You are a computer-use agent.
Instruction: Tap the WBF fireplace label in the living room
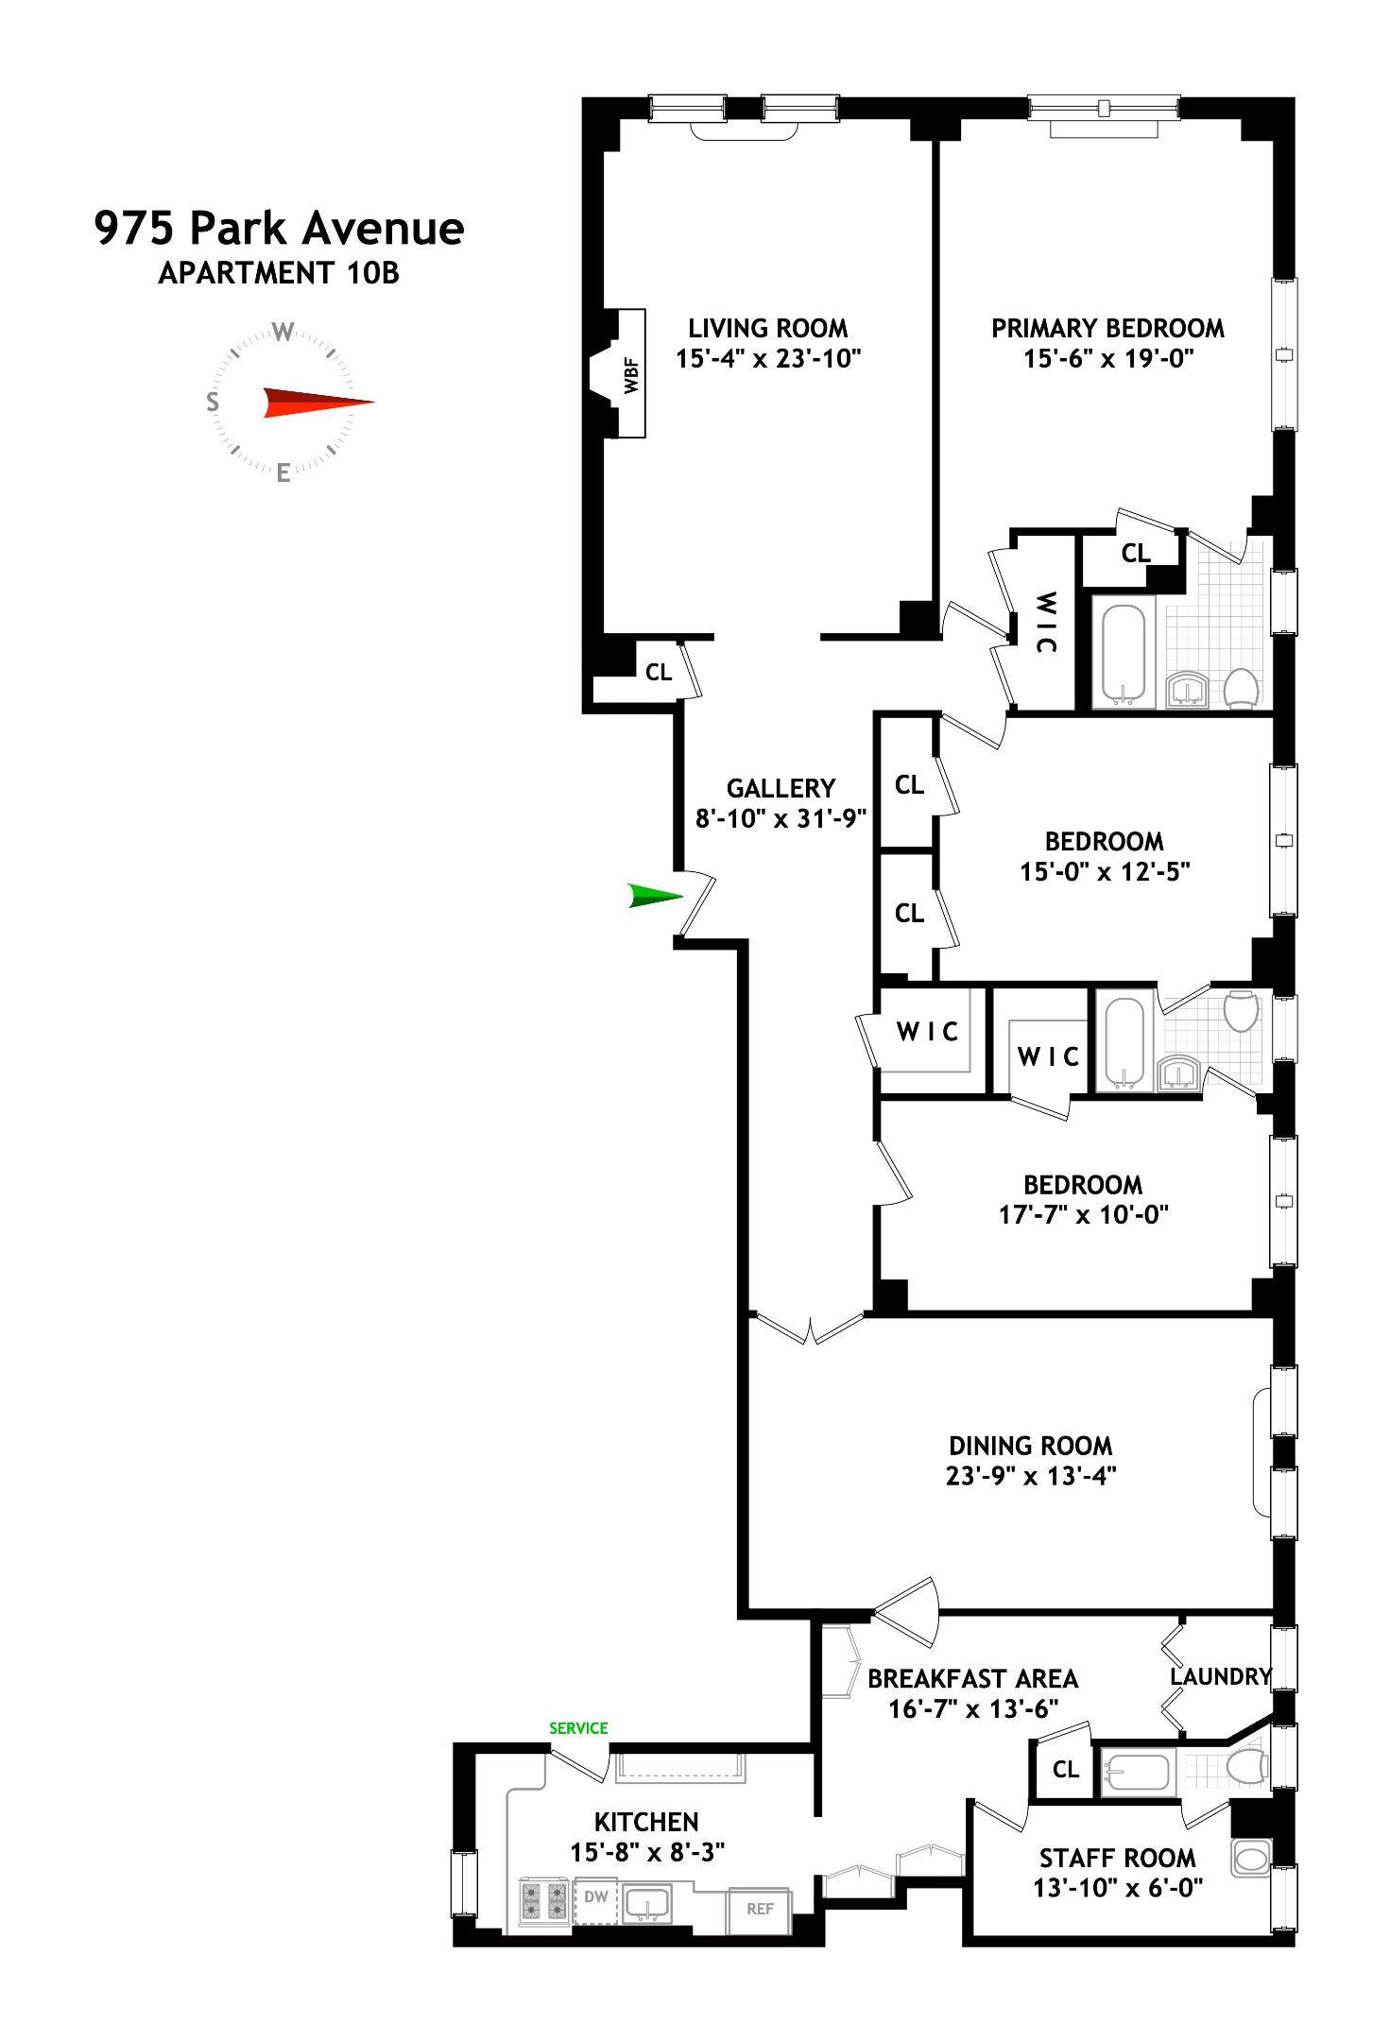click(x=630, y=374)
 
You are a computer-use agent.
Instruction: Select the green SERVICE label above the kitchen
click(x=578, y=1728)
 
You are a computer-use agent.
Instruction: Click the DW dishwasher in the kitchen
click(x=595, y=1896)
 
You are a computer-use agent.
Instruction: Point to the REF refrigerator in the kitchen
click(x=760, y=1909)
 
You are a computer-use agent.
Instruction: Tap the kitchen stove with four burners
click(x=543, y=1901)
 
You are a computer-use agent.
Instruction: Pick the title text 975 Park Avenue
click(x=279, y=229)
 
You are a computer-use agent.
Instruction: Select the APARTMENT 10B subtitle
click(x=279, y=273)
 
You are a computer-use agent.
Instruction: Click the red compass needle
click(x=317, y=403)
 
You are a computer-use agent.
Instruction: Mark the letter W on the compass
click(x=283, y=332)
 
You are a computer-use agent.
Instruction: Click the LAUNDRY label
click(x=1220, y=1676)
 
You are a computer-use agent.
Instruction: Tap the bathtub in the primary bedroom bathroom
click(x=1124, y=655)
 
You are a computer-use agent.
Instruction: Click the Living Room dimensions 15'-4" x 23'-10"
click(x=768, y=358)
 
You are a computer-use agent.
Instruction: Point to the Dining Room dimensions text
click(x=1031, y=1476)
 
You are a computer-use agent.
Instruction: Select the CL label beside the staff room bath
click(x=1065, y=1769)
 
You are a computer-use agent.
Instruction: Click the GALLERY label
click(x=781, y=788)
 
